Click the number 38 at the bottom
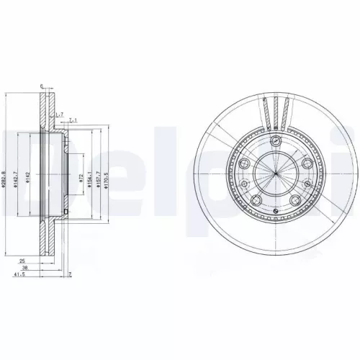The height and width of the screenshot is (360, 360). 24,267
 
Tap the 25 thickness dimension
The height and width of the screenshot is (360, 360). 23,261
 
